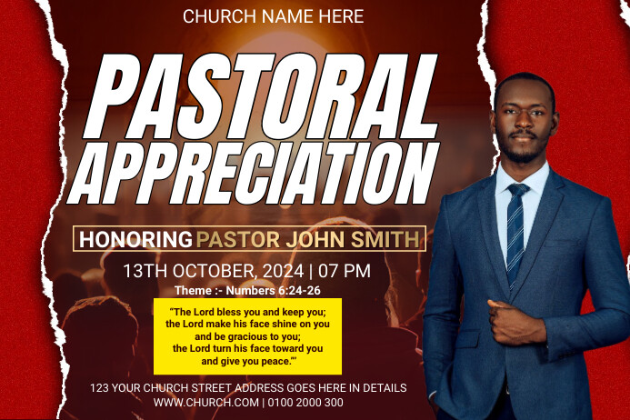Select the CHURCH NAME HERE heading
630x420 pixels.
[x=273, y=16]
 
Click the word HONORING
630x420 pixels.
[x=135, y=239]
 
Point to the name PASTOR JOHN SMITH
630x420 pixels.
[x=308, y=239]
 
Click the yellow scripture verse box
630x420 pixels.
[x=247, y=335]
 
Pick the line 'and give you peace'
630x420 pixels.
[x=247, y=361]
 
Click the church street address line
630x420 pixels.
[x=248, y=388]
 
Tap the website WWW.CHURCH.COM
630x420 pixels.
[x=205, y=402]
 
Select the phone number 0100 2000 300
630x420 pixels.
[x=306, y=402]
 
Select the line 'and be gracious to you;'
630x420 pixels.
[x=247, y=335]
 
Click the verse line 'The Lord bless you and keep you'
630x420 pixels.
[x=247, y=311]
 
